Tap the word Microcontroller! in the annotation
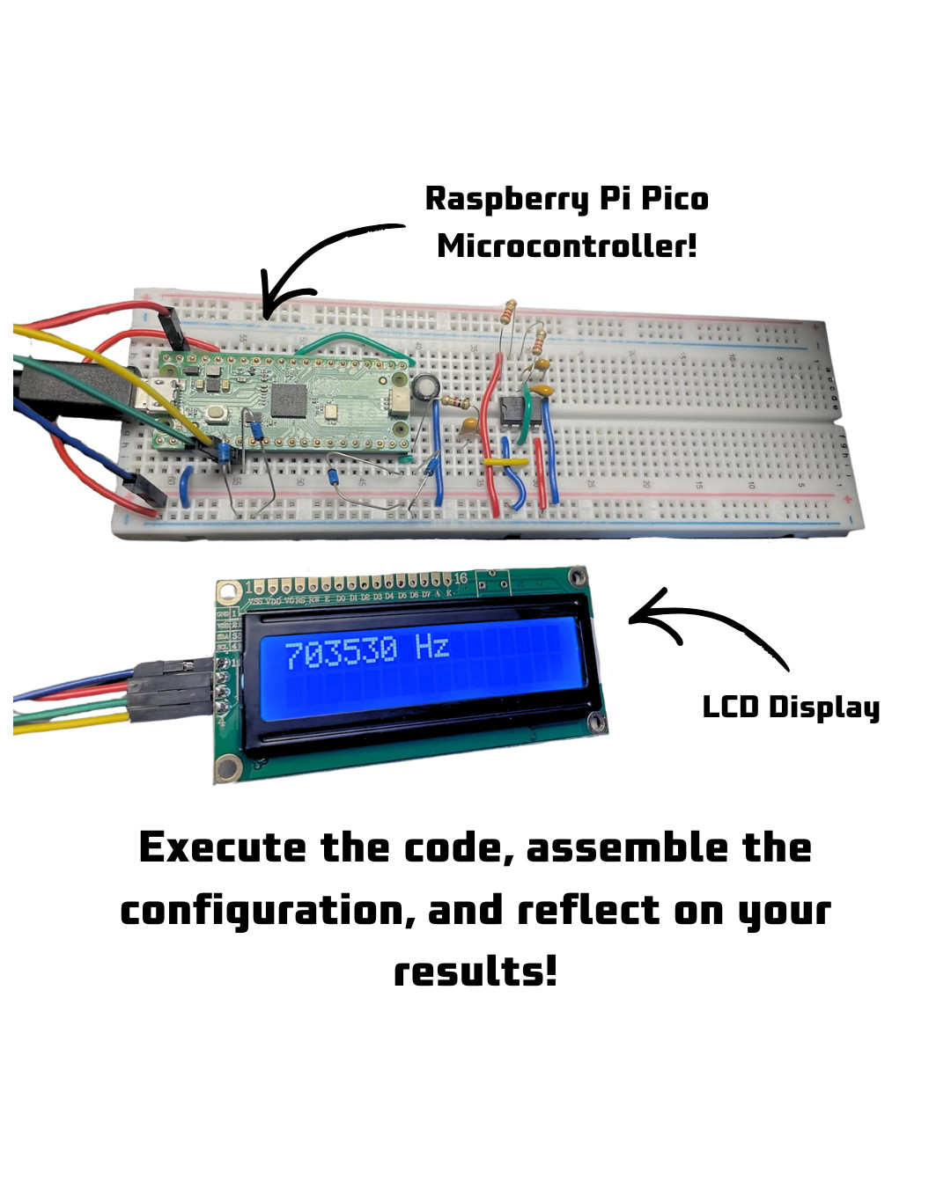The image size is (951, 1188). pyautogui.click(x=566, y=246)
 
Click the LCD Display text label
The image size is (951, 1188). pyautogui.click(x=790, y=708)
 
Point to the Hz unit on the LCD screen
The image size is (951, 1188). pyautogui.click(x=432, y=649)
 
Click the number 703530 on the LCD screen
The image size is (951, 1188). pyautogui.click(x=341, y=653)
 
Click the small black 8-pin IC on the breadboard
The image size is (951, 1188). pyautogui.click(x=512, y=410)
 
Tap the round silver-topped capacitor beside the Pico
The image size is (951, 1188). pyautogui.click(x=426, y=385)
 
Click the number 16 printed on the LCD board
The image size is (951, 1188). pyautogui.click(x=461, y=578)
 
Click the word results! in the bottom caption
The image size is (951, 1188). pyautogui.click(x=475, y=972)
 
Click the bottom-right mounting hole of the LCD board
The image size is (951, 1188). pyautogui.click(x=600, y=724)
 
